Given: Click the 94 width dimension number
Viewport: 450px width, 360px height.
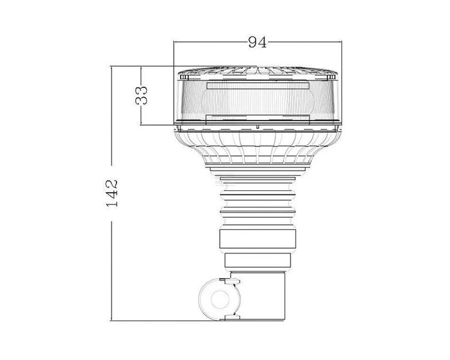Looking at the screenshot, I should click(257, 41).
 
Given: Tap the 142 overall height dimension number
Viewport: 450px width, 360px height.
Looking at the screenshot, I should click(112, 193).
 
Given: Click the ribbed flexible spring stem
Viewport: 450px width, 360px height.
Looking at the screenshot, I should click(257, 197).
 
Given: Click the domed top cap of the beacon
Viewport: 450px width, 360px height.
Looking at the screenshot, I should click(257, 73).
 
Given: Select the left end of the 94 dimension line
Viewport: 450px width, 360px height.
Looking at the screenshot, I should click(173, 41).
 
